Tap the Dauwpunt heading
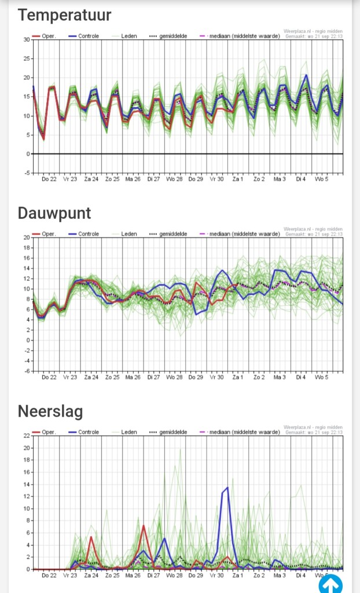(x=54, y=213)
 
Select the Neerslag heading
(x=50, y=411)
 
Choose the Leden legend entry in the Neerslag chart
(x=128, y=432)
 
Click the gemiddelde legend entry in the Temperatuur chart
(x=171, y=36)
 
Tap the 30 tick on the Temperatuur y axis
(x=27, y=39)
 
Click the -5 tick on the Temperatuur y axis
(x=27, y=173)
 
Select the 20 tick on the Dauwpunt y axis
(x=27, y=237)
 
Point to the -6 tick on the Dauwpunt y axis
(x=27, y=371)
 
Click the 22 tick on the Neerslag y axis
(x=27, y=435)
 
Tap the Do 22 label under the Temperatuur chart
(x=49, y=180)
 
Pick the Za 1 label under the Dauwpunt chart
(x=237, y=378)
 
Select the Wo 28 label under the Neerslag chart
(x=174, y=576)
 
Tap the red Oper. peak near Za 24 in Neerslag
(x=91, y=537)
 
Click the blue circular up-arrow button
(x=330, y=583)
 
